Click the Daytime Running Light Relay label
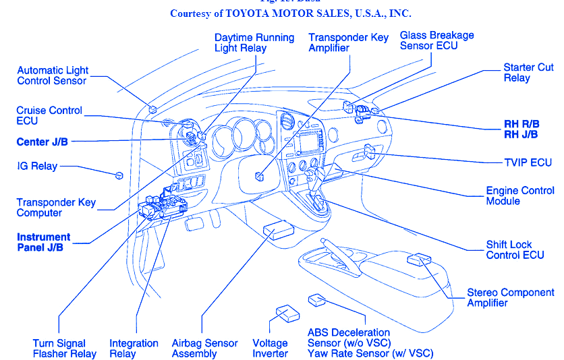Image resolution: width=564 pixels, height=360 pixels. coord(254,42)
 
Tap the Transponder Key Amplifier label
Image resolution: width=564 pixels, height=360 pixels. coord(349,42)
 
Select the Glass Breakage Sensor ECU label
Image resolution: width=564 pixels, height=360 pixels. coord(436,40)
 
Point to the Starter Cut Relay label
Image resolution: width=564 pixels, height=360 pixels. coord(528,73)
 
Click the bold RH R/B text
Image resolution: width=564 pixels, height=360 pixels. coord(521,123)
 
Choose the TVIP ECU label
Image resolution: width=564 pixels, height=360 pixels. coord(528,162)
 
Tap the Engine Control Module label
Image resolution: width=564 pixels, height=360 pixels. coord(520,196)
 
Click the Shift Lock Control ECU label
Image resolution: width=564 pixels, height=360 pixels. coord(515,250)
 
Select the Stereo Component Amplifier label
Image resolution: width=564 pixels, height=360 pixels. coord(511,298)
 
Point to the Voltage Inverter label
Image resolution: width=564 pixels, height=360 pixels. coord(270,349)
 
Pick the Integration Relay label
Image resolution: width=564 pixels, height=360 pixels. coord(134,349)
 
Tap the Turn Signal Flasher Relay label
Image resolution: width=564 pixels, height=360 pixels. coord(65,349)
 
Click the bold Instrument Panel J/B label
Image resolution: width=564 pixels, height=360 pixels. coord(43,242)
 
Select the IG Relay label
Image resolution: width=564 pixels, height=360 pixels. coord(37,166)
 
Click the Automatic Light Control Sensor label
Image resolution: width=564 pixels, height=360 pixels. coord(53,76)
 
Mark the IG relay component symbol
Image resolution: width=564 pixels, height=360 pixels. coord(119,176)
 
